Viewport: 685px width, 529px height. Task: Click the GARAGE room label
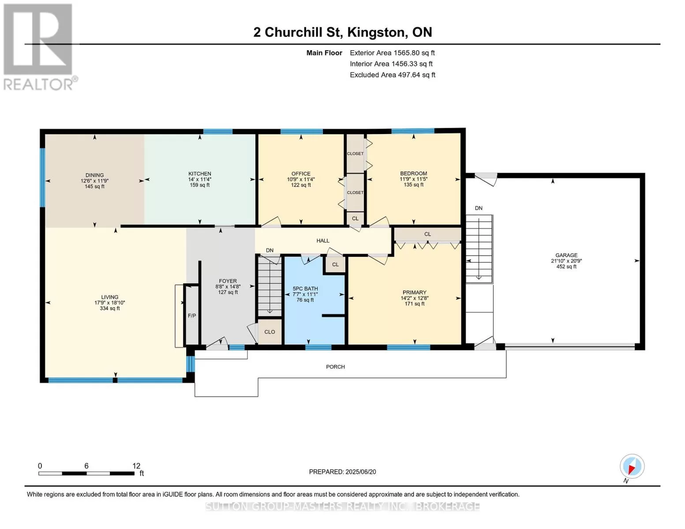point(566,255)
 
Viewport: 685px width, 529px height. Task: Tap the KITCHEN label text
point(199,174)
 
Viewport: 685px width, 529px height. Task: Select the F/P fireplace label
point(192,316)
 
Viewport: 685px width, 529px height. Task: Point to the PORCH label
point(335,367)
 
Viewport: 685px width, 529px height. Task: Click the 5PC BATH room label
point(305,289)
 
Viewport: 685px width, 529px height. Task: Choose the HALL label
point(323,241)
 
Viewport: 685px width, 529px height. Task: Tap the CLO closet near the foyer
point(270,332)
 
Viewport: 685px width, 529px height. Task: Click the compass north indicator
point(632,466)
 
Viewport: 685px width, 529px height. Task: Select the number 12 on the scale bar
point(136,466)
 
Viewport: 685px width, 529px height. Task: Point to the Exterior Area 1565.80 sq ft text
point(392,53)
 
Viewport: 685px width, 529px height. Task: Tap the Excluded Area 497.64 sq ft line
point(393,75)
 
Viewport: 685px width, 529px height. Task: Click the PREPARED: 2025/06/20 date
point(342,472)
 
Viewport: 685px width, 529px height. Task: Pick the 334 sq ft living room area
point(110,309)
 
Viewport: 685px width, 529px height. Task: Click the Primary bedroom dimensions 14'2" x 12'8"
point(415,298)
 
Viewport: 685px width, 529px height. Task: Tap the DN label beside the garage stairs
point(479,208)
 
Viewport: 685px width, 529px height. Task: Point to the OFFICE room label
point(301,174)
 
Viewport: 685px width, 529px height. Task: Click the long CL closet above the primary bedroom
point(427,234)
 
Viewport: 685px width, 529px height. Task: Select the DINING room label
point(94,175)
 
